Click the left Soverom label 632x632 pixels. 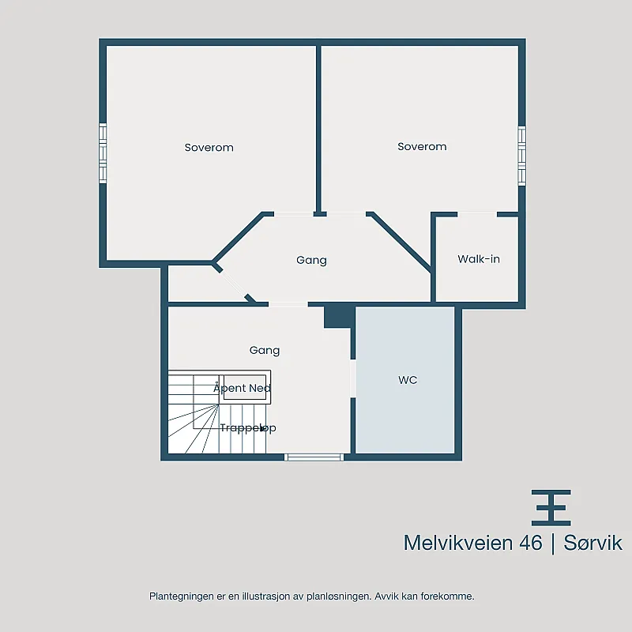tap(209, 148)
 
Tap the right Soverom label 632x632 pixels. tap(422, 146)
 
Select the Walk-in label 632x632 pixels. tap(479, 259)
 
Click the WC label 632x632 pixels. tap(408, 380)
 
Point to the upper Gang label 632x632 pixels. tap(311, 260)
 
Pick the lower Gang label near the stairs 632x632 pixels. tap(265, 350)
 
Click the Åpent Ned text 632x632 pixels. tap(242, 388)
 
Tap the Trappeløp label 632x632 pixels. tap(248, 427)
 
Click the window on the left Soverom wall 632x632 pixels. tap(103, 153)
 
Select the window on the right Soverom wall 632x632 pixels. tap(521, 156)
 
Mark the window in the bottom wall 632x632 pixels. tap(314, 457)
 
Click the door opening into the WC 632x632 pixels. tap(353, 378)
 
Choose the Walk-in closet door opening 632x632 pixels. tap(477, 214)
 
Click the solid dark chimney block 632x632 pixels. tap(339, 318)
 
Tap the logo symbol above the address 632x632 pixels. tap(551, 508)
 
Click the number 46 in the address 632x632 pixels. tap(530, 543)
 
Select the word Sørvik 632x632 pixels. tap(592, 543)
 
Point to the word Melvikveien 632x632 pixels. tap(459, 543)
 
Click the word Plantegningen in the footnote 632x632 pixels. tap(182, 596)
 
